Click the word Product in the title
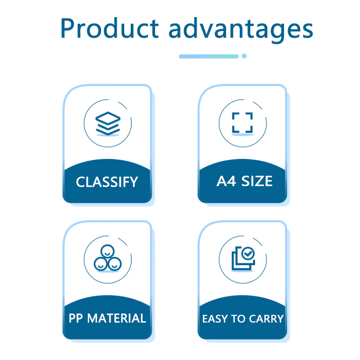[x=109, y=28]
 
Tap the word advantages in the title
[x=241, y=30]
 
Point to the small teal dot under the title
[x=244, y=56]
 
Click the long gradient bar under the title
[x=209, y=57]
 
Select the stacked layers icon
[x=108, y=123]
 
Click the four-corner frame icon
[x=242, y=123]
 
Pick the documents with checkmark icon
[x=243, y=258]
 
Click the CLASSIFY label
[x=107, y=182]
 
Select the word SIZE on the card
[x=257, y=181]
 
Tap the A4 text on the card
[x=226, y=181]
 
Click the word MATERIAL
[x=117, y=318]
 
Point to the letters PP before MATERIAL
[x=76, y=318]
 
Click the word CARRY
[x=266, y=319]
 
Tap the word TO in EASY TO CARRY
[x=238, y=319]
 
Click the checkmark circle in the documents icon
[x=248, y=253]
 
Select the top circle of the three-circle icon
[x=108, y=251]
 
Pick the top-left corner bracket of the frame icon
[x=235, y=116]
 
